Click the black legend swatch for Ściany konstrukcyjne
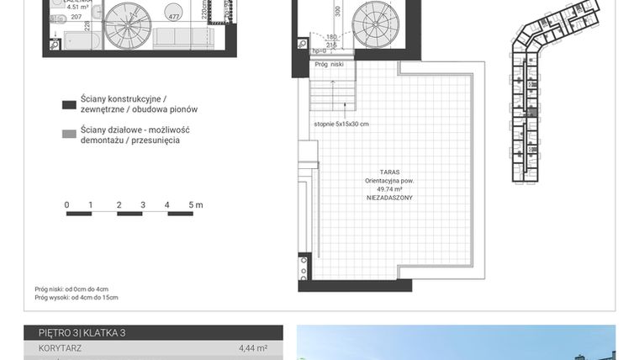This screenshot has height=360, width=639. [69, 105]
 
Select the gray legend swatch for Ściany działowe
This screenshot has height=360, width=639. [69, 133]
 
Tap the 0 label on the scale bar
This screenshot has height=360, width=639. [66, 204]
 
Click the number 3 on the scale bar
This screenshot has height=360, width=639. [143, 204]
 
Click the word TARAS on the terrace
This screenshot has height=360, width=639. [388, 172]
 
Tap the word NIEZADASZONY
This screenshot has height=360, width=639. [388, 197]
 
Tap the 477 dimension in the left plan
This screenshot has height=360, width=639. [174, 16]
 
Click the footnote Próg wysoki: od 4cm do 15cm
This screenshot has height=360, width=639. [77, 298]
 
